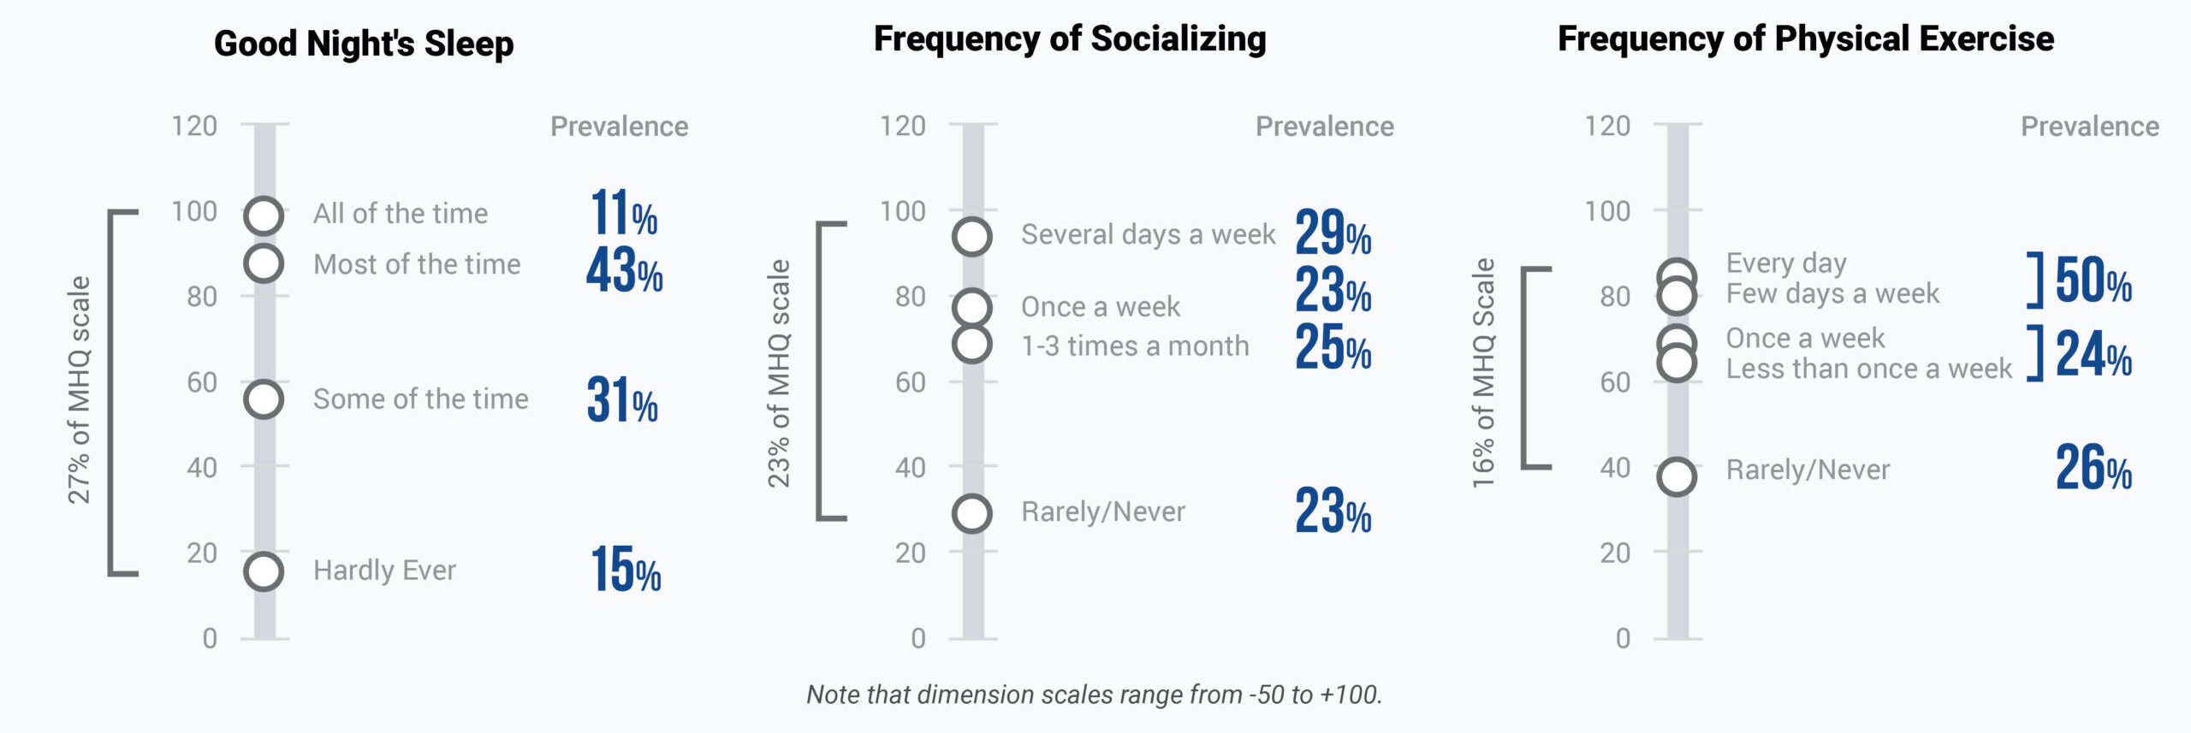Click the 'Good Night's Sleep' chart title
pos(363,44)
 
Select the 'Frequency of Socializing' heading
pos(1070,39)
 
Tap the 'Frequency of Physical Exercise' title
pos(1806,39)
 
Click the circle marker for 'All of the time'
pos(264,216)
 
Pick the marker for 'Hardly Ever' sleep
pos(264,571)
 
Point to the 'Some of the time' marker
pos(264,399)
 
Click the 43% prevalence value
pos(624,270)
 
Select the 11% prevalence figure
pos(624,214)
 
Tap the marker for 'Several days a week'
pos(972,236)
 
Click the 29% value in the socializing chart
pos(1333,233)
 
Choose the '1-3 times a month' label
pos(1135,346)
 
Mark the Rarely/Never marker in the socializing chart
pos(972,513)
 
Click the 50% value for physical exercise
pos(2093,281)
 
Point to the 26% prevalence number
pos(2093,469)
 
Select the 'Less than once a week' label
pos(1868,369)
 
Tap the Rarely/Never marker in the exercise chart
pos(1677,476)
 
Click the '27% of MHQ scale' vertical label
pos(79,390)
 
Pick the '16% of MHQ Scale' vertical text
pos(1483,373)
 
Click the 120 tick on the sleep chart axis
pos(194,127)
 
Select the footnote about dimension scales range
pos(1094,695)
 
